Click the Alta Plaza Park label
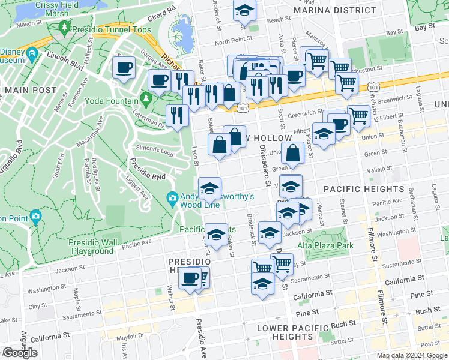[325, 245]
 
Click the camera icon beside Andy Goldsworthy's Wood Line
[172, 197]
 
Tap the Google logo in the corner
[20, 353]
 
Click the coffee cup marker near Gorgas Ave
[124, 68]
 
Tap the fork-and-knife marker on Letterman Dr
[176, 115]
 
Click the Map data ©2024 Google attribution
[412, 355]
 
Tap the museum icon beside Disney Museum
[32, 53]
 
